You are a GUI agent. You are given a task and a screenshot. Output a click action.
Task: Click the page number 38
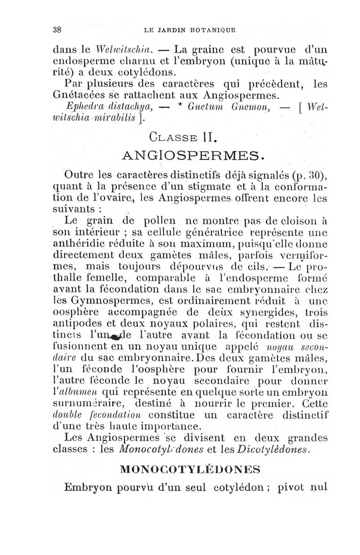tap(57, 30)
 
